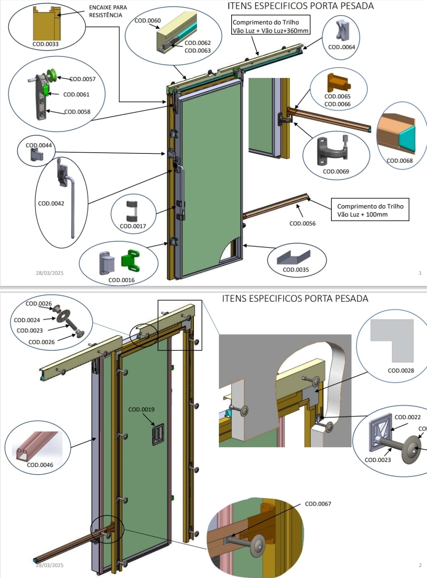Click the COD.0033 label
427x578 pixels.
click(x=45, y=44)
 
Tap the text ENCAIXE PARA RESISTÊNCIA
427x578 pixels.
click(x=106, y=11)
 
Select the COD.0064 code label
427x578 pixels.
click(x=341, y=47)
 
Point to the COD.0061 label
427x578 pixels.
click(x=76, y=95)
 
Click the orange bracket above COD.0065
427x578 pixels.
click(x=338, y=83)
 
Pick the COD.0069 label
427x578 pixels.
click(x=336, y=171)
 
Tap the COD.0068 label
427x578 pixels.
click(x=400, y=161)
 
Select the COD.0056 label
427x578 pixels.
click(x=302, y=223)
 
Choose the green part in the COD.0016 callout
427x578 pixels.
click(x=131, y=258)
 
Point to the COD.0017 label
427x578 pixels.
click(x=133, y=226)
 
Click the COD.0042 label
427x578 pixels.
click(x=51, y=204)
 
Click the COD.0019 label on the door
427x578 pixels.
click(x=141, y=409)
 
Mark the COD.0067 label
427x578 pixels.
click(x=318, y=504)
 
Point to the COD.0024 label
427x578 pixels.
click(x=27, y=320)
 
